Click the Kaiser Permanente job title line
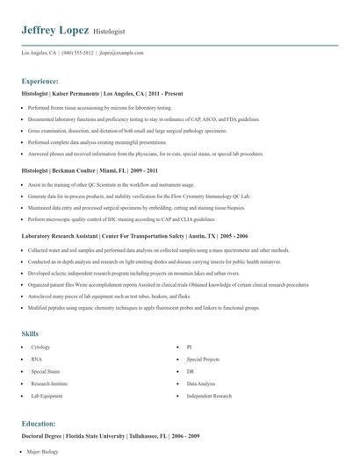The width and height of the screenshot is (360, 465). click(x=104, y=92)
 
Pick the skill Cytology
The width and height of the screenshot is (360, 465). click(x=40, y=347)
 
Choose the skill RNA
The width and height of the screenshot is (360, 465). click(x=36, y=360)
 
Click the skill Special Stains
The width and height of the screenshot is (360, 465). click(x=46, y=372)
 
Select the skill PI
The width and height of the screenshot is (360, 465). click(x=189, y=347)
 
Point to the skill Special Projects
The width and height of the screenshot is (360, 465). click(x=203, y=360)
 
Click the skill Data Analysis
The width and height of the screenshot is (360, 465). click(x=200, y=383)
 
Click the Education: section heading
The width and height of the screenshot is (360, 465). click(x=40, y=423)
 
